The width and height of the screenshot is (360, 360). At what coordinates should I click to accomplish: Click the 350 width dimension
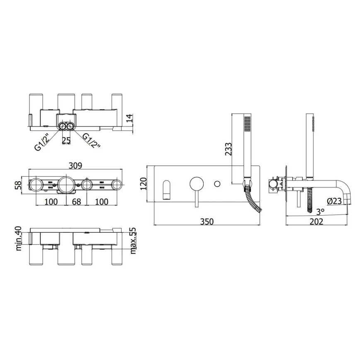206,221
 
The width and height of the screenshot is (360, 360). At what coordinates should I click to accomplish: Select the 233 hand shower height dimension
228,148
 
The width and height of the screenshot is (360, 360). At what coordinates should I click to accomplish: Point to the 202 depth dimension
316,221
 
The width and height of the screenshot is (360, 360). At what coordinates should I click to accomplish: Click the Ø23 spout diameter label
335,201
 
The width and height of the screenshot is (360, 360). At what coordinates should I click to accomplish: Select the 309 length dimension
75,165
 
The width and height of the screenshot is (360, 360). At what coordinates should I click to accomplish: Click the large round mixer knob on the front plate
196,183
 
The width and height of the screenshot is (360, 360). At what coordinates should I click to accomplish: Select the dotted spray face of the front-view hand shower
248,123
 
